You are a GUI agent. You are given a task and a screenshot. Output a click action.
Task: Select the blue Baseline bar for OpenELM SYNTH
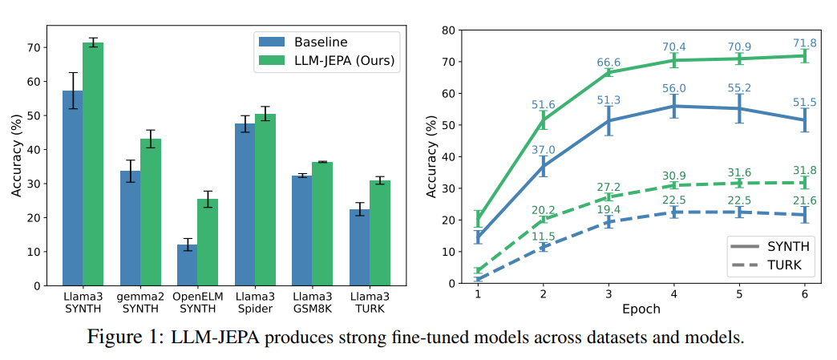click(x=187, y=265)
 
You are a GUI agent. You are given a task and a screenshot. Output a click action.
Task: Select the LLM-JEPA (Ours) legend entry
click(x=321, y=60)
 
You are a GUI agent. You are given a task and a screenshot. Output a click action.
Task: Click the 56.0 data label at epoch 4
click(x=673, y=89)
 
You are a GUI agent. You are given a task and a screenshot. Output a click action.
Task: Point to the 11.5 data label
click(x=544, y=236)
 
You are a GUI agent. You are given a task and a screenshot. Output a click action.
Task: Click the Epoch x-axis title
click(x=641, y=309)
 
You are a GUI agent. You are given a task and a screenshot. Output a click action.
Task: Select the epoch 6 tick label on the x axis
click(x=805, y=293)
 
